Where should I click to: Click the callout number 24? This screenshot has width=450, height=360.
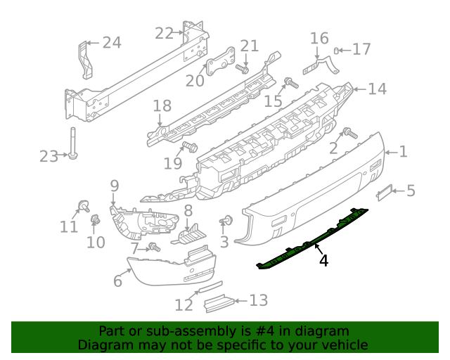pos(112,43)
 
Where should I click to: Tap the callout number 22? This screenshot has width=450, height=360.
pos(164,33)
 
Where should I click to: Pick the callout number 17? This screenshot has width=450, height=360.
pos(361,49)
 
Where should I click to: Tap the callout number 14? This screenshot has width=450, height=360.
pos(378,89)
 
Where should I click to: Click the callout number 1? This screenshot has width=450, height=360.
pos(404,150)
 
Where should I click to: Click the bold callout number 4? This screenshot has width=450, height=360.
pos(323,261)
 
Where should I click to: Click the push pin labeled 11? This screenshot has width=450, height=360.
pos(82,206)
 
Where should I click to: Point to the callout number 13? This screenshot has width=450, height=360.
pos(259,301)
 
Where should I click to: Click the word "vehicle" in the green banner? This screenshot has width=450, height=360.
pos(343,345)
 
